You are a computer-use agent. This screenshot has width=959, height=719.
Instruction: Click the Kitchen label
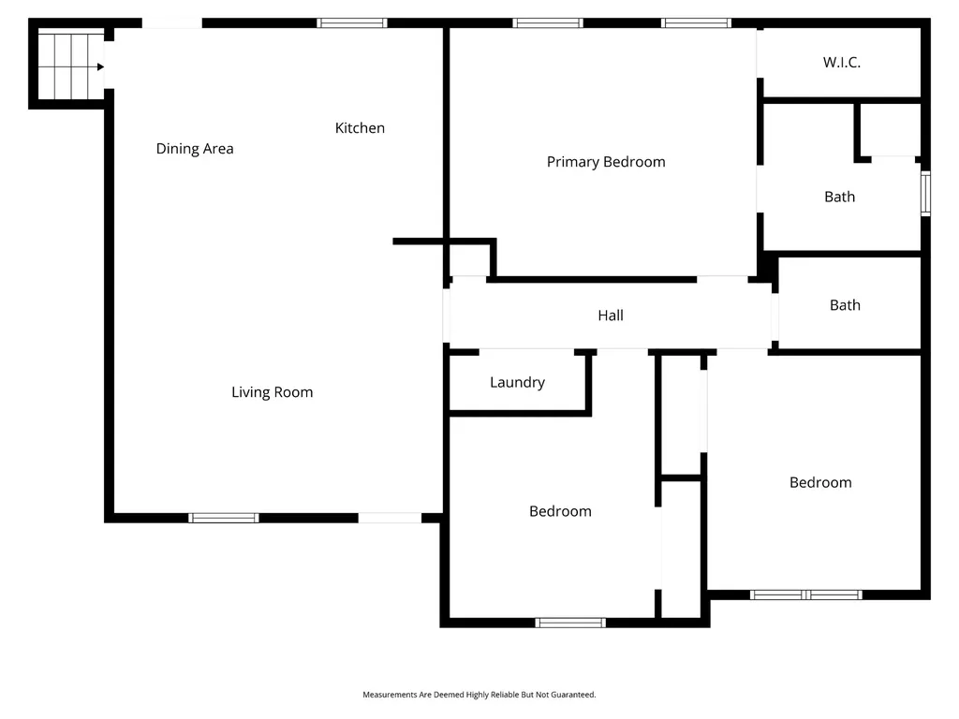pos(360,127)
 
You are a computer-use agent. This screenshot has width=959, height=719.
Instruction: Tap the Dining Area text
pos(195,149)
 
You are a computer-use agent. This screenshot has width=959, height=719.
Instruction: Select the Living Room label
pos(273,392)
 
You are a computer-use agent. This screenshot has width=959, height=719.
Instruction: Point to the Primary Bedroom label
pos(606,162)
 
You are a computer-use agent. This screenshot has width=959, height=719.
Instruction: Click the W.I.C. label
pos(842,62)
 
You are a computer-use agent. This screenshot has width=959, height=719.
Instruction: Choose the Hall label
pos(611,315)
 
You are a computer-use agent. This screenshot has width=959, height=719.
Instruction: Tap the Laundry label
pos(517,383)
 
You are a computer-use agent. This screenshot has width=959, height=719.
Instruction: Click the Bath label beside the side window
pos(840,197)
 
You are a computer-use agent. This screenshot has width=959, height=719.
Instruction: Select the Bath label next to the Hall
pos(845,304)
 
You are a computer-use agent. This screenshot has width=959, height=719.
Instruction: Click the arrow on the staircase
pos(100,67)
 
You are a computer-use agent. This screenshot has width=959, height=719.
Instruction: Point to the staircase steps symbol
pos(71,66)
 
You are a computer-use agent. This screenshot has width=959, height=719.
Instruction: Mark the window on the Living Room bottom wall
pos(224,518)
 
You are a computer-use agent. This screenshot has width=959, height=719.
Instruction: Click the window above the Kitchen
pos(352,23)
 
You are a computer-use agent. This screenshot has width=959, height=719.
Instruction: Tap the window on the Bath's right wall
pos(926,194)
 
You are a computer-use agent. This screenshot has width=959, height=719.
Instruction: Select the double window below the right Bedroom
pos(806,594)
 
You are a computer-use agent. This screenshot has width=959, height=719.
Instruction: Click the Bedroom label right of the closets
pos(820,482)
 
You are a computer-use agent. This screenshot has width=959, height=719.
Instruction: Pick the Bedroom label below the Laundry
pos(560,511)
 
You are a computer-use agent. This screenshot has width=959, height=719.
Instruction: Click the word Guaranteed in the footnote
pos(572,695)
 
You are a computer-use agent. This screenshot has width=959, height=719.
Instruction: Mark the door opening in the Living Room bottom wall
pos(390,518)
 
